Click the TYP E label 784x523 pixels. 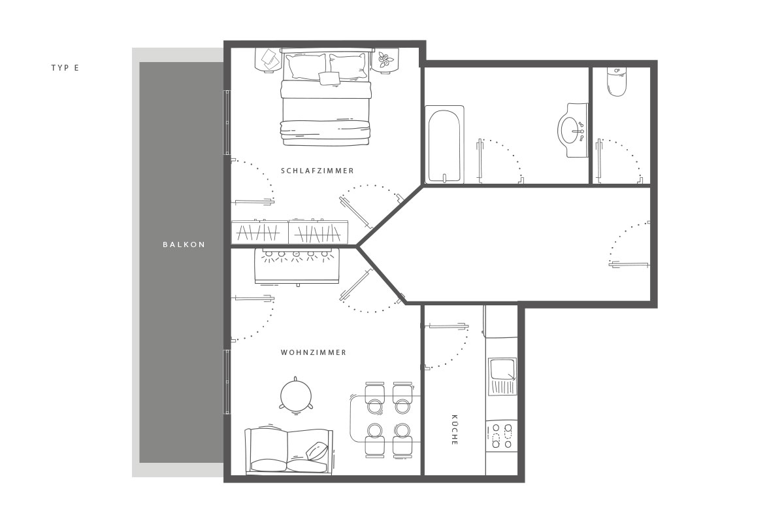click(x=65, y=68)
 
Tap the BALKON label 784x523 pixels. click(x=184, y=245)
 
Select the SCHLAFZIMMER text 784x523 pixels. click(x=318, y=171)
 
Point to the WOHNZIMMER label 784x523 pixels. click(x=314, y=352)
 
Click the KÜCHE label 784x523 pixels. click(x=454, y=430)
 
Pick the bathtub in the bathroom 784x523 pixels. click(x=444, y=144)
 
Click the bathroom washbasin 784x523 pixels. click(x=572, y=130)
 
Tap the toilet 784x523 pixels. click(x=617, y=81)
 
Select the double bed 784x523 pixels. click(x=325, y=97)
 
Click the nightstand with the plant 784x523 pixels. click(x=385, y=60)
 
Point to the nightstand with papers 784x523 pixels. click(x=268, y=60)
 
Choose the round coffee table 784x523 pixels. click(x=296, y=396)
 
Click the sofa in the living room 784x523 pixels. click(x=289, y=451)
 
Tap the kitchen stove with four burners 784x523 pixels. click(x=502, y=436)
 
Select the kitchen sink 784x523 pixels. click(x=502, y=377)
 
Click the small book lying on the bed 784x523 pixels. click(x=329, y=78)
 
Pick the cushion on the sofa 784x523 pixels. click(x=317, y=451)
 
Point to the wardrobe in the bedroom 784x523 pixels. click(x=289, y=232)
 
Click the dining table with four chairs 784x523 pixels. click(x=385, y=419)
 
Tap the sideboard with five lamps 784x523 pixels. click(x=297, y=266)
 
